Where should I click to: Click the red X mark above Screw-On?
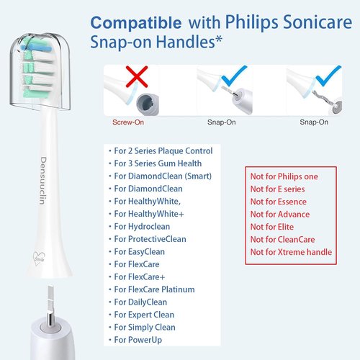137,76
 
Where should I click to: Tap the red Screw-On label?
128,122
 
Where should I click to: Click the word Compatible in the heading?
136,23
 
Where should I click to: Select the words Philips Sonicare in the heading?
289,22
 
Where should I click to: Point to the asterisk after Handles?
219,39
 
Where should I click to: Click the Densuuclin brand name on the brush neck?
42,181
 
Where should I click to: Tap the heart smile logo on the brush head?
39,258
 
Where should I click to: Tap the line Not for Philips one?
284,176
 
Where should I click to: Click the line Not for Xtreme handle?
291,252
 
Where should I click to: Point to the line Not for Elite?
272,227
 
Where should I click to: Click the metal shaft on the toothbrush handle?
50,305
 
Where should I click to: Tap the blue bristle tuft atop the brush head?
36,48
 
